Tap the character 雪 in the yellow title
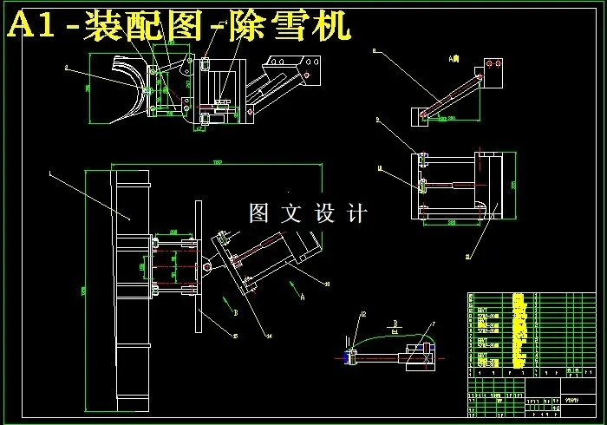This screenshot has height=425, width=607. [x=292, y=27]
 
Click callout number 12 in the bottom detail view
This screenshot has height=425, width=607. [x=364, y=314]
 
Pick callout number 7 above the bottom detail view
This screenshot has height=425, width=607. [x=433, y=324]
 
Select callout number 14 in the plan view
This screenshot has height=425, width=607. [x=269, y=335]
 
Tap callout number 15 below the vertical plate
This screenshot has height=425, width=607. [x=235, y=337]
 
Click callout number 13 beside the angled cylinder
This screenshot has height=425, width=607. [x=327, y=284]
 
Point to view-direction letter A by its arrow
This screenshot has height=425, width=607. [x=303, y=295]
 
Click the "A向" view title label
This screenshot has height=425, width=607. [x=453, y=59]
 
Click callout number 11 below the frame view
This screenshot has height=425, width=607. [x=468, y=256]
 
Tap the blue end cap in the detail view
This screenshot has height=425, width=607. [x=349, y=356]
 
